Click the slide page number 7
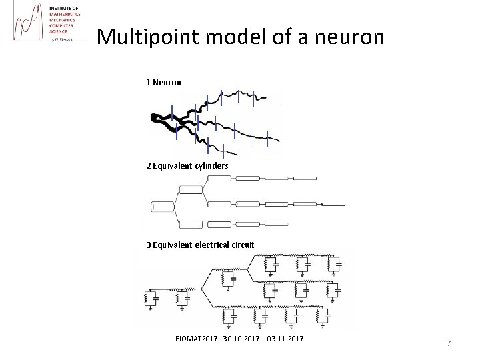(449, 343)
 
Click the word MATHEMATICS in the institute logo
(65, 14)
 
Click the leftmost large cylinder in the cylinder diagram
(161, 206)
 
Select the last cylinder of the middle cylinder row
(333, 204)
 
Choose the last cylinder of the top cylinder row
(303, 178)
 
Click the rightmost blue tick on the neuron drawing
(267, 138)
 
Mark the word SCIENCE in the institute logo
(59, 31)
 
